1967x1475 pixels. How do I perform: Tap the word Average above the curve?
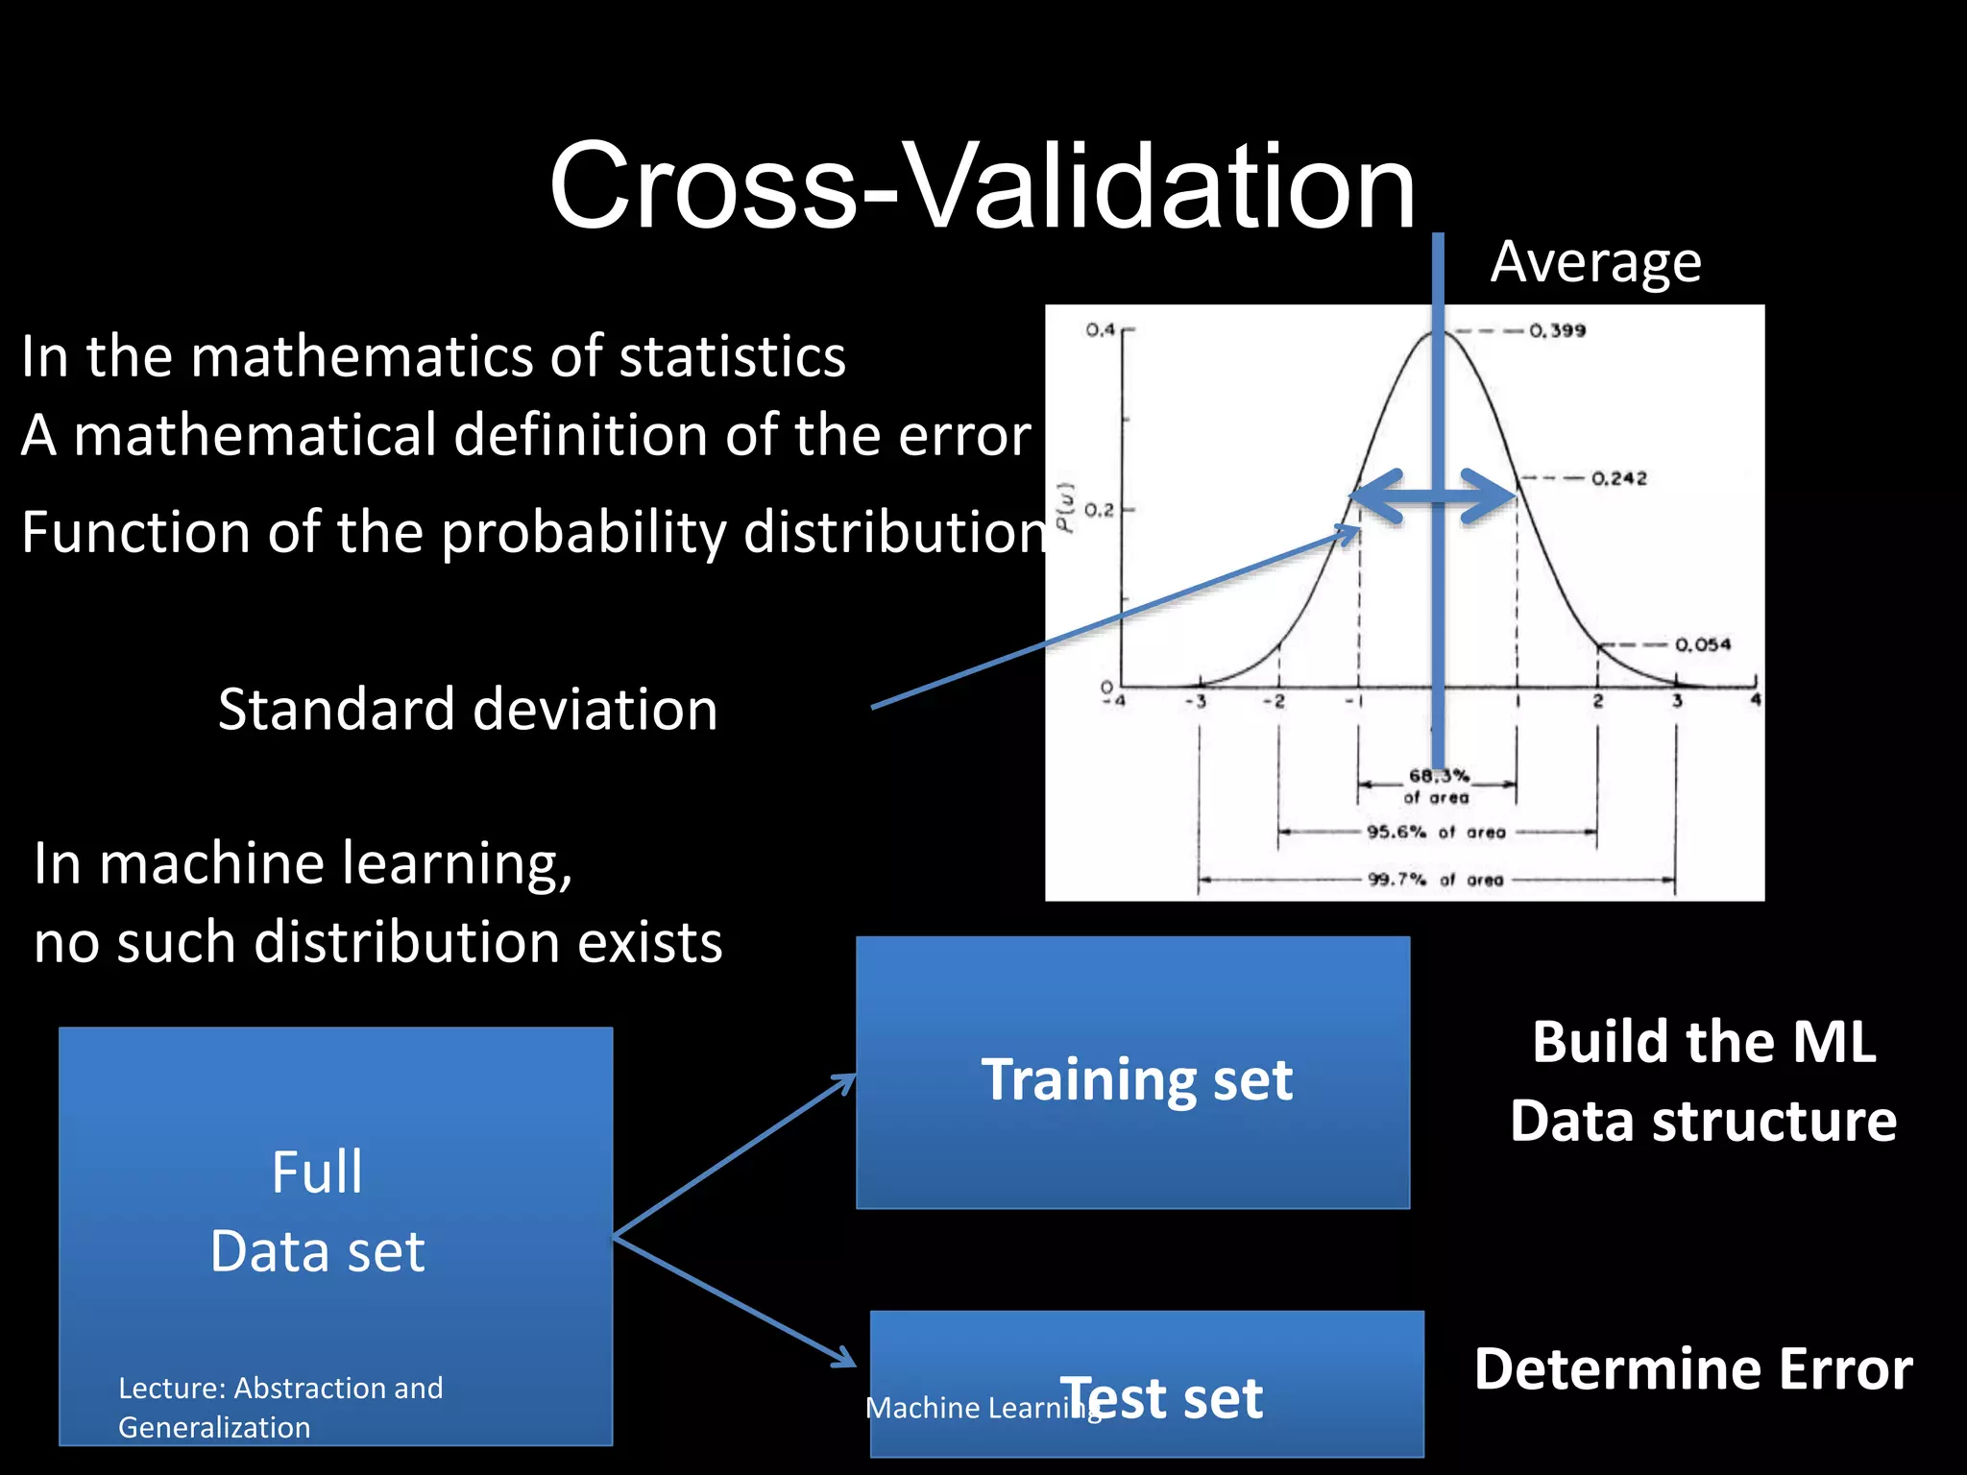coord(1595,262)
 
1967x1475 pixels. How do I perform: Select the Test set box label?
coord(1162,1397)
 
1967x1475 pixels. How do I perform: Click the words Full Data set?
coord(317,1211)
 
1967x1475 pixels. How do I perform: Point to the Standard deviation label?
coord(468,709)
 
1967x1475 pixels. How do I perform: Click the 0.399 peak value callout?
coord(1557,330)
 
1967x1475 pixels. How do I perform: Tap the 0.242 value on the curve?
coord(1618,478)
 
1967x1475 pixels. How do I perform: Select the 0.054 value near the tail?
coord(1702,644)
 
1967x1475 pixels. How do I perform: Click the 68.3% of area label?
coord(1437,786)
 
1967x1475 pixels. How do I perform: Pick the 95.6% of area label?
coord(1436,832)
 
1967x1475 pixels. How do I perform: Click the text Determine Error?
coord(1692,1368)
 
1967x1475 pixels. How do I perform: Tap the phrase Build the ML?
coord(1704,1042)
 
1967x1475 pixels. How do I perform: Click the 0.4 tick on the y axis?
coord(1100,329)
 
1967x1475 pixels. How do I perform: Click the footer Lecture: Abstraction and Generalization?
coord(279,1407)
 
